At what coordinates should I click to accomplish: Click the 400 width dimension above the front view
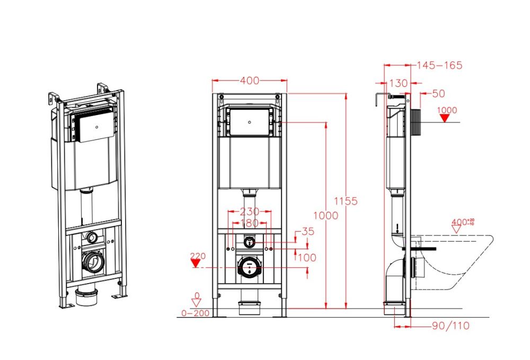[250, 81]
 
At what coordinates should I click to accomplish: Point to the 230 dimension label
[249, 212]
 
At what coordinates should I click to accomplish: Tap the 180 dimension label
[249, 223]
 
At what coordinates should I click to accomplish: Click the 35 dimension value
[307, 232]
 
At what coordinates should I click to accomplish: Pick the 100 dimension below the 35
[307, 258]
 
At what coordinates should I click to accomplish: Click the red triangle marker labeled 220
[198, 263]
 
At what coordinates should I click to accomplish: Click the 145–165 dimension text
[439, 65]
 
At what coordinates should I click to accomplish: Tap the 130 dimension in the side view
[398, 83]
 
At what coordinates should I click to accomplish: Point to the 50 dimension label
[438, 94]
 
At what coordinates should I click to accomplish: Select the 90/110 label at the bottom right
[450, 326]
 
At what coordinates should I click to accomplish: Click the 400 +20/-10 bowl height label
[462, 222]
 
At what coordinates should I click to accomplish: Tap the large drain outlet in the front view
[249, 267]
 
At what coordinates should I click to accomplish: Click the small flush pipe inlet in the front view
[249, 241]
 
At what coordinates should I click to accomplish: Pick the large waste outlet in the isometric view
[94, 261]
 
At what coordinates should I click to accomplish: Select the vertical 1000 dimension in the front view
[325, 215]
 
